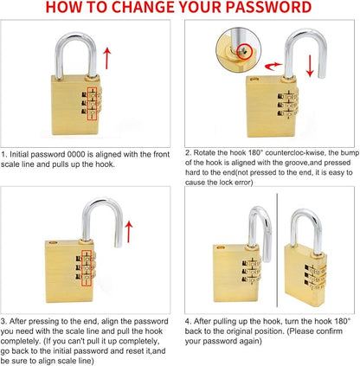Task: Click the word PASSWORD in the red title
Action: coord(268,7)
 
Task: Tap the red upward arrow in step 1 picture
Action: coord(107,59)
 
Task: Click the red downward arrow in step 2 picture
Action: coord(310,66)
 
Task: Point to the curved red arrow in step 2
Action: coord(273,66)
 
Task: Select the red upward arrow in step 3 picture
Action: coord(129,232)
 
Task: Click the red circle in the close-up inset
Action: coord(244,52)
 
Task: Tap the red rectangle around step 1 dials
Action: coord(92,104)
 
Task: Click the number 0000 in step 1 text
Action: coord(76,155)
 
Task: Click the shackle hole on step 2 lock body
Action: coord(254,79)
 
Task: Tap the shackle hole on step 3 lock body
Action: coord(53,242)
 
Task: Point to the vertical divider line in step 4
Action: coord(277,250)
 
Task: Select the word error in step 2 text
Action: coord(242,183)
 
